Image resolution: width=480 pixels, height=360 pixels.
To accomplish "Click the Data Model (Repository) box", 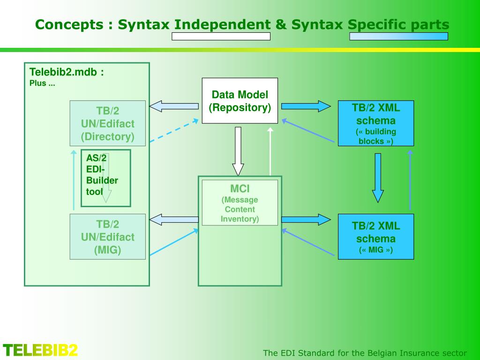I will (x=240, y=101).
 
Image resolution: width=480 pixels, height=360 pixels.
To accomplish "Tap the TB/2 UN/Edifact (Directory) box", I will (x=107, y=123).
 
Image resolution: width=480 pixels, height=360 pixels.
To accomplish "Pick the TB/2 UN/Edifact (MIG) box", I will (x=107, y=237).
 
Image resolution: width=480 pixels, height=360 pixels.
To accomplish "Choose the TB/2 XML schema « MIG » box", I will (x=376, y=236).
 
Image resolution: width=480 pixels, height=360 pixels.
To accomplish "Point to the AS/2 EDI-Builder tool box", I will (x=105, y=178).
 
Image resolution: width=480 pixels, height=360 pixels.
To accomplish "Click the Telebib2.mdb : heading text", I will (x=67, y=72).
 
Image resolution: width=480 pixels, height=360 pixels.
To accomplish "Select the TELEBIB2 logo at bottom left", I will (x=40, y=350).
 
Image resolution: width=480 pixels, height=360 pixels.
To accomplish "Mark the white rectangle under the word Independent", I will (x=221, y=37).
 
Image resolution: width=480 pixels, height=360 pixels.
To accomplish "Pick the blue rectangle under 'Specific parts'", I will (x=398, y=37).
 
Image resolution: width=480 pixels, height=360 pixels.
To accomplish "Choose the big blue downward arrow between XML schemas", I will (x=378, y=178).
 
